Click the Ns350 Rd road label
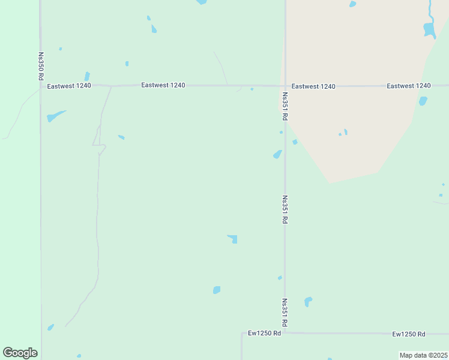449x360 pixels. click(41, 66)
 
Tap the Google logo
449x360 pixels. click(20, 353)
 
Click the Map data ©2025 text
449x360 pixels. click(424, 355)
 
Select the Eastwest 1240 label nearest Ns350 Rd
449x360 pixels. click(69, 86)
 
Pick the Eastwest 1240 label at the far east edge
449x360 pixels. click(409, 86)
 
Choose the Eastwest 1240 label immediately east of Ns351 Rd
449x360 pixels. click(313, 86)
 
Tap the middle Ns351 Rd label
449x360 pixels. click(285, 209)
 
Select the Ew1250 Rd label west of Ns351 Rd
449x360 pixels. click(264, 333)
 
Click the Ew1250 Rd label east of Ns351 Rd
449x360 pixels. click(409, 334)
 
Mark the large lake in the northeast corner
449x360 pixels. click(429, 29)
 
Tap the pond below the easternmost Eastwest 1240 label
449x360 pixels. click(423, 101)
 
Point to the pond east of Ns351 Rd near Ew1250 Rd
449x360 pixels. click(308, 301)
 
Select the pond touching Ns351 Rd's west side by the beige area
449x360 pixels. click(277, 154)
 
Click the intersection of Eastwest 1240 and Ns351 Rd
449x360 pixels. click(285, 86)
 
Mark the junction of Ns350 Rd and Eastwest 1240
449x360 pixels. click(41, 86)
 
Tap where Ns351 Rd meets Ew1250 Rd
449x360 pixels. click(285, 332)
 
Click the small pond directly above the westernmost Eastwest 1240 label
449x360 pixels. click(87, 76)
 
